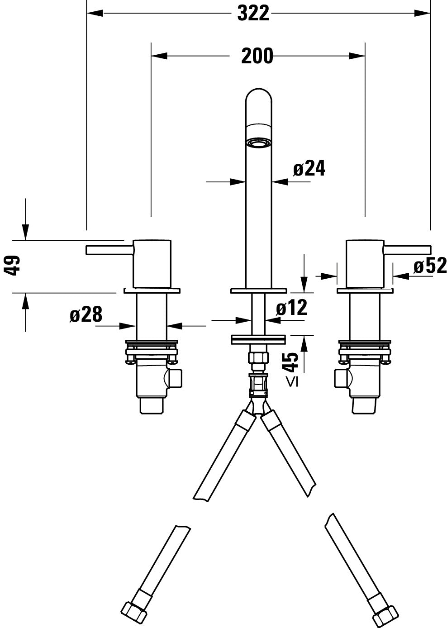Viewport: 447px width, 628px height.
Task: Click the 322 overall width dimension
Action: (x=253, y=14)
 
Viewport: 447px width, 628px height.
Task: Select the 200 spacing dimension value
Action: (x=257, y=56)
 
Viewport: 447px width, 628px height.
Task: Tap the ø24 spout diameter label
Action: (x=309, y=169)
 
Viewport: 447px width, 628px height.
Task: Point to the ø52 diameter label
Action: (x=430, y=266)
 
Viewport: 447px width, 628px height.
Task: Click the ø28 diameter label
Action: (x=86, y=314)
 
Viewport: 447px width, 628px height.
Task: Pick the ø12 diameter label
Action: (x=291, y=308)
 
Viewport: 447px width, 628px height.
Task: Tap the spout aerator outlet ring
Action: (x=259, y=143)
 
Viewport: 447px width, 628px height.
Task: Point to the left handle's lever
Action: (x=109, y=250)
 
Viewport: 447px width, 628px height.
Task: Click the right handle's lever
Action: (x=407, y=250)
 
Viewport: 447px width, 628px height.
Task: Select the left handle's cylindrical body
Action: (x=152, y=262)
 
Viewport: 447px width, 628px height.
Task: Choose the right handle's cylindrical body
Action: (x=365, y=262)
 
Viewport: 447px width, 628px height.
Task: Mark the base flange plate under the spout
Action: (x=259, y=290)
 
